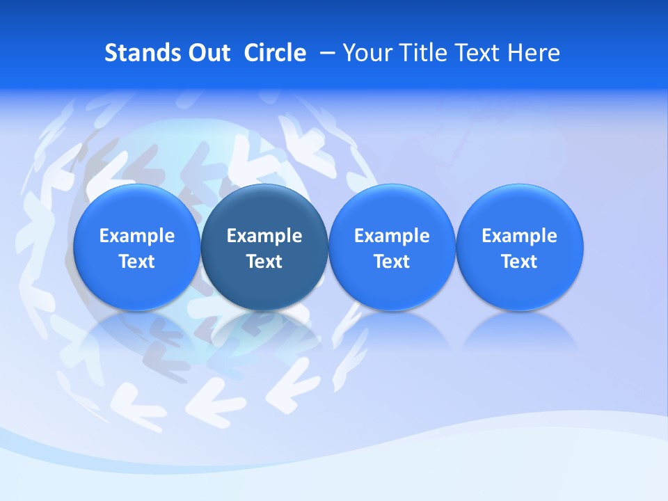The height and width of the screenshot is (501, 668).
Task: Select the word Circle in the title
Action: tap(275, 53)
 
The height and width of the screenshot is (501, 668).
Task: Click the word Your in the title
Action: tap(366, 53)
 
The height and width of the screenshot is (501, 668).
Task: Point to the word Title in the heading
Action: tap(422, 53)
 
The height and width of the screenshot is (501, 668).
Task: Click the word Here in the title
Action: tap(535, 53)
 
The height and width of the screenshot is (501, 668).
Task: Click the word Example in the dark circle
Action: tap(264, 236)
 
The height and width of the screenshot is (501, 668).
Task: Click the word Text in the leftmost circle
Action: tap(136, 262)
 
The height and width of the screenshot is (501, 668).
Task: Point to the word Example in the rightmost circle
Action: tap(519, 236)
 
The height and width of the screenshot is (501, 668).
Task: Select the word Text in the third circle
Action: tap(392, 262)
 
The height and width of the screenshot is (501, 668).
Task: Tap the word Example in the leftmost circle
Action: tap(136, 236)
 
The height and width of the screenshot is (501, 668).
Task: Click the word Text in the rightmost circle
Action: tap(519, 262)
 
